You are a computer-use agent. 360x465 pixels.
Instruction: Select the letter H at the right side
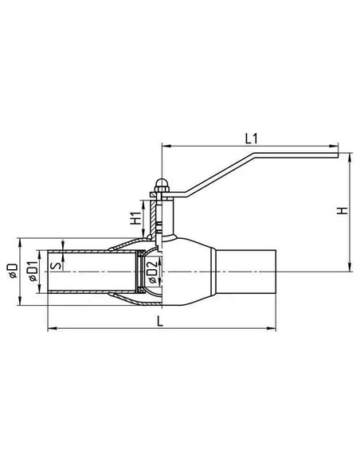pyautogui.click(x=342, y=212)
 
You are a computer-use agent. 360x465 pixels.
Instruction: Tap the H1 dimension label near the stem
pyautogui.click(x=135, y=216)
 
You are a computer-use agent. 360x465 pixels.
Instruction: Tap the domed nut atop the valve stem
pyautogui.click(x=161, y=183)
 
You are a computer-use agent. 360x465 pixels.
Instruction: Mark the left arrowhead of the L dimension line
pyautogui.click(x=51, y=326)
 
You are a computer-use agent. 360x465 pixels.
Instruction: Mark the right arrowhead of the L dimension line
pyautogui.click(x=273, y=326)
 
